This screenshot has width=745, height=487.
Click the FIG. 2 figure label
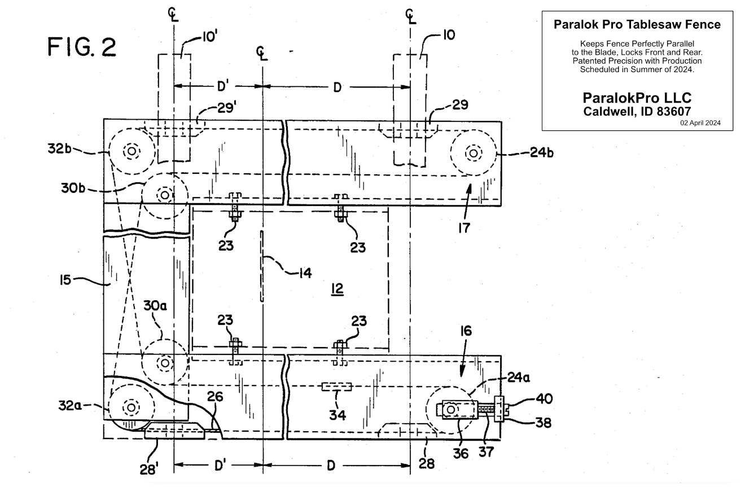(x=82, y=47)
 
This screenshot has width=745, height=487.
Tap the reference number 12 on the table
(x=338, y=289)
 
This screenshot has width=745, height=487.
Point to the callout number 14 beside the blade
(x=305, y=273)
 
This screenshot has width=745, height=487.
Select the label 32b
(x=59, y=148)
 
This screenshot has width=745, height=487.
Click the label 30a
(x=155, y=305)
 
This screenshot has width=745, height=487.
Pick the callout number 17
(x=464, y=228)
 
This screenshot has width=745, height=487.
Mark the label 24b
(x=542, y=152)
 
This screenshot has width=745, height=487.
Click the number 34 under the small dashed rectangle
(x=338, y=415)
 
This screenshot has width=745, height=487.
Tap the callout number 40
(x=544, y=398)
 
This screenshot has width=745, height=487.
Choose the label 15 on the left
(x=65, y=280)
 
